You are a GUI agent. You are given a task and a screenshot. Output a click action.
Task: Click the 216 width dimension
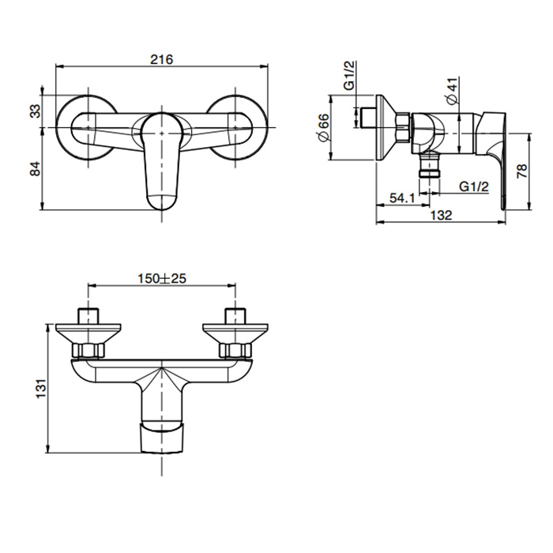tap(162, 59)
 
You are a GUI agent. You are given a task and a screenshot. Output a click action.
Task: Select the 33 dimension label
tap(36, 111)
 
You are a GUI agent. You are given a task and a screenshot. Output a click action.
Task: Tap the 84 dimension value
tap(36, 169)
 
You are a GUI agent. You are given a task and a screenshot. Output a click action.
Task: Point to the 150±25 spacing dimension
tap(162, 279)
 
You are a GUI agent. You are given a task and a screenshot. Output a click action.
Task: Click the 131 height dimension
tap(41, 389)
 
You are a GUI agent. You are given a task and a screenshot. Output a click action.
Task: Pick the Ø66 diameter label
tap(324, 127)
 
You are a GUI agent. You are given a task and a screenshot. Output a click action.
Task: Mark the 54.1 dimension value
tap(402, 197)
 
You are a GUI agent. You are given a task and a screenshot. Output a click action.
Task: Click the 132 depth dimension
tap(441, 215)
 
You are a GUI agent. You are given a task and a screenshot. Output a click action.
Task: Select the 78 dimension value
tap(522, 171)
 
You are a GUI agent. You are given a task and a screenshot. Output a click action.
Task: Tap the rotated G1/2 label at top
tap(349, 76)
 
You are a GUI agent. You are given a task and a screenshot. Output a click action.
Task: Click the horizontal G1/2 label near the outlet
tap(474, 186)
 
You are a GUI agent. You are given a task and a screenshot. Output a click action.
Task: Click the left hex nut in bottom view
tap(88, 350)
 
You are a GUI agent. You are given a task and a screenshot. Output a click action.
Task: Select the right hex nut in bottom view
tap(235, 350)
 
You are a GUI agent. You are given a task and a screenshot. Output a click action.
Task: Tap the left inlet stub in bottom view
tap(88, 316)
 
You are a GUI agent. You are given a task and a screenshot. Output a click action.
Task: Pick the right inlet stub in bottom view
tap(235, 316)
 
